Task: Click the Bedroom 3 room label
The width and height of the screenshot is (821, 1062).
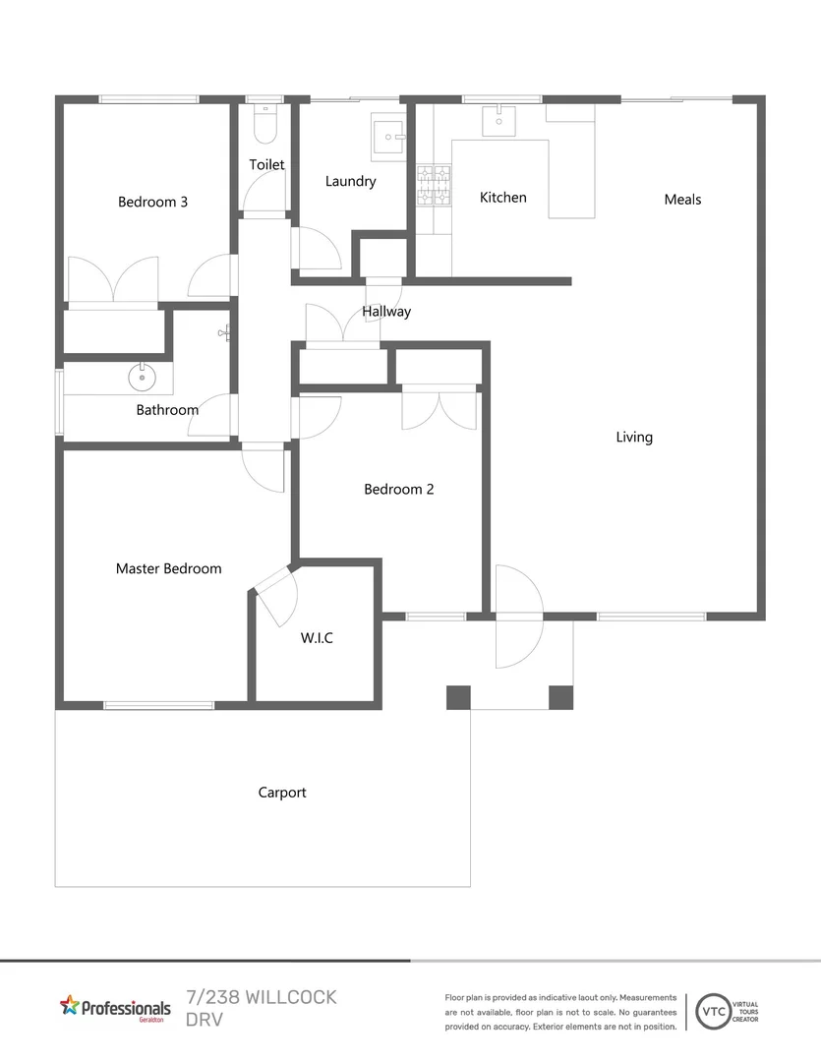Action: point(152,203)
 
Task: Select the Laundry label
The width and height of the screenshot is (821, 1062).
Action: point(350,182)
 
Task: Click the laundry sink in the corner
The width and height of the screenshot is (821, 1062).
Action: point(388,137)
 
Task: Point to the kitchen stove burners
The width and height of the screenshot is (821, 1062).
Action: point(435,186)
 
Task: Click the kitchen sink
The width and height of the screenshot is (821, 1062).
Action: point(498,119)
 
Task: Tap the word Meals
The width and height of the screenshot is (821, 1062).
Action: point(682,200)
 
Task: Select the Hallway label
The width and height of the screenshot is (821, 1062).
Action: point(386,312)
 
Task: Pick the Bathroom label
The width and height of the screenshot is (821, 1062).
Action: point(167,410)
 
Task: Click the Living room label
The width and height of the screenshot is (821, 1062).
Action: point(634,438)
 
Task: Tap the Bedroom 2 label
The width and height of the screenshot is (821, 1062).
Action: point(398,490)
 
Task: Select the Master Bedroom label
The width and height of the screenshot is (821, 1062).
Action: point(168,568)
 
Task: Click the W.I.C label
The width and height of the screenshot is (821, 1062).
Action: point(317,638)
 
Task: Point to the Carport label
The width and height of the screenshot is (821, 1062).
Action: point(282,793)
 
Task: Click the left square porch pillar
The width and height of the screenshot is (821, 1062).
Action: point(458,697)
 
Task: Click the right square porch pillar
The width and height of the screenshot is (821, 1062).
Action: point(560,697)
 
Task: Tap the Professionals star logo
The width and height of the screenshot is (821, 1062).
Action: point(69,1005)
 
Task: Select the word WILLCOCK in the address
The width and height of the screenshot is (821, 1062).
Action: point(284,997)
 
